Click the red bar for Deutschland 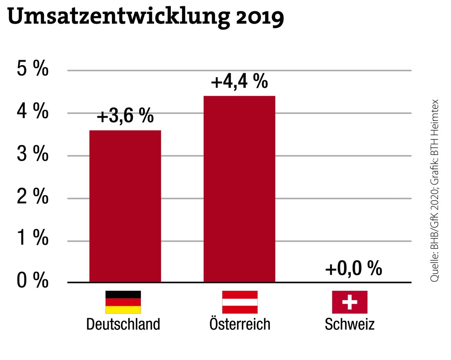(x=125, y=206)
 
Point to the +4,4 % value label (x=239, y=82)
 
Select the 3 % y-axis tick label (x=33, y=155)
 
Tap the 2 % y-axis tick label (x=33, y=198)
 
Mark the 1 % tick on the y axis (x=33, y=240)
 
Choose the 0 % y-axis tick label (x=33, y=281)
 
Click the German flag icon (x=123, y=302)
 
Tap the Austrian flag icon (x=240, y=302)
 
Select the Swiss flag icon (x=350, y=302)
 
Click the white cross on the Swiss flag (x=350, y=302)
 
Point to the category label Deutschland (x=123, y=325)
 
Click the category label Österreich (x=240, y=324)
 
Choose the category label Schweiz (x=350, y=325)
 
